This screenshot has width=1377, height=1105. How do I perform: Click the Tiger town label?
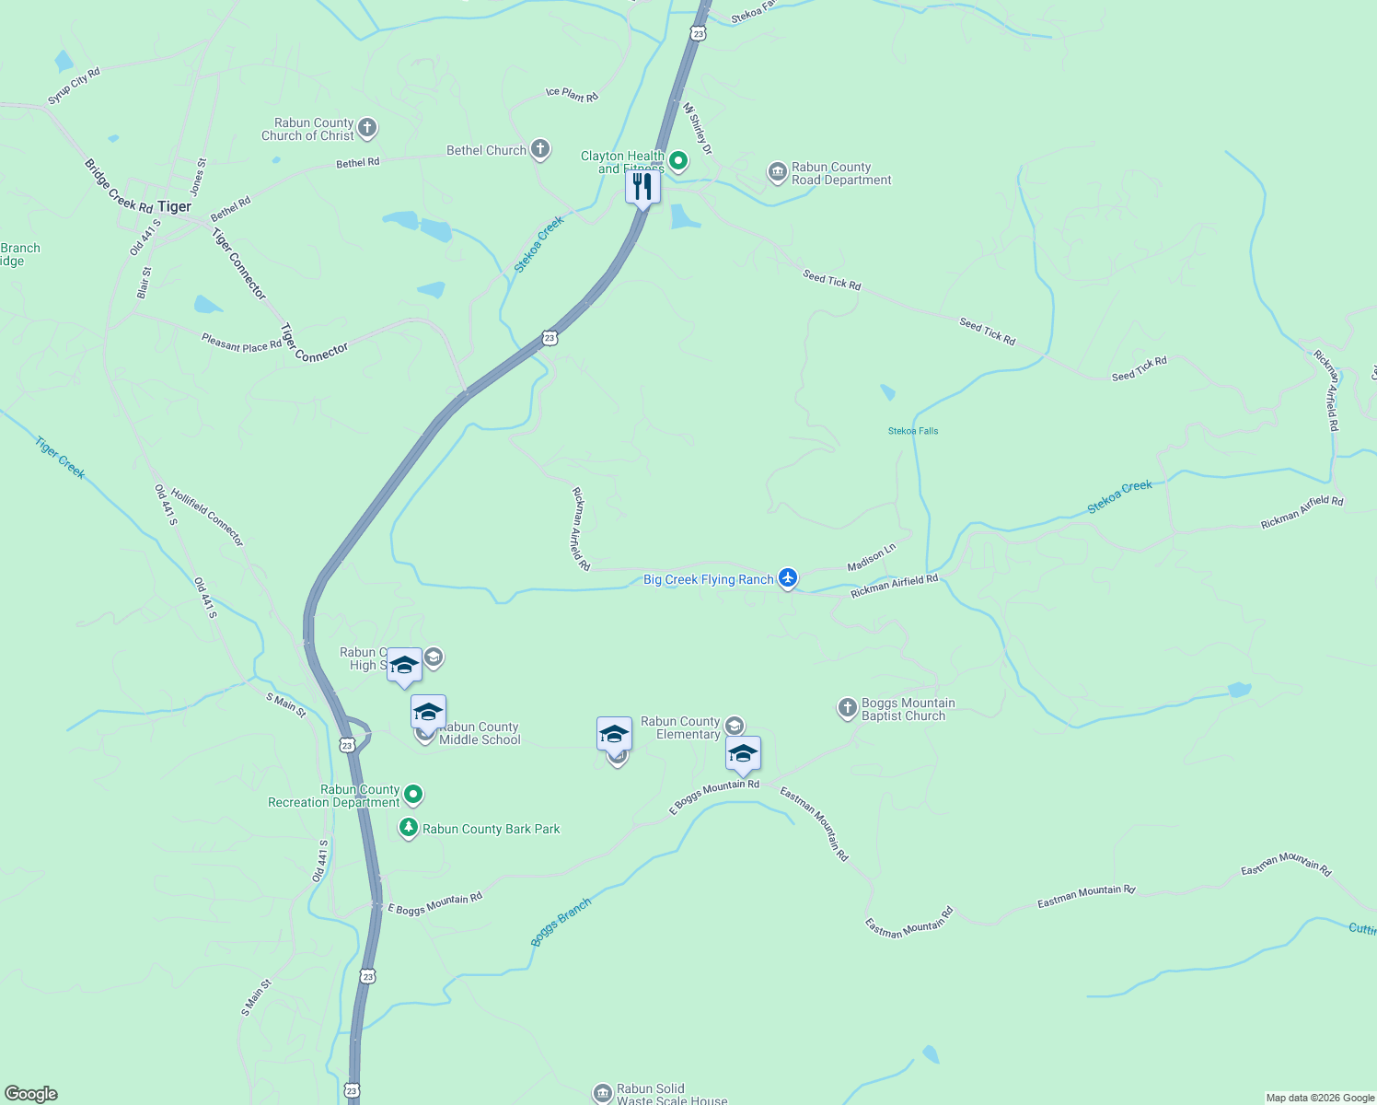174,206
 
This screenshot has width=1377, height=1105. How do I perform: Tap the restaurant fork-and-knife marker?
642,187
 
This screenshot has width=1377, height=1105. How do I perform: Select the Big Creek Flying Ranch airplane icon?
787,578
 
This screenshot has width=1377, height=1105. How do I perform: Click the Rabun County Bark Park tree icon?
409,828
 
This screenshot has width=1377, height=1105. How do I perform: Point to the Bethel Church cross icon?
540,149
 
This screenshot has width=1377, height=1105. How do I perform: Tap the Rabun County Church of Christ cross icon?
367,128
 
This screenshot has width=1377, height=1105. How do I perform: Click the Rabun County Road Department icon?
778,172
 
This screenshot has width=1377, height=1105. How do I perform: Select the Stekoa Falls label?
913,431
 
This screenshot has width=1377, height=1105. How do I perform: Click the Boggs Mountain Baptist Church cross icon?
847,708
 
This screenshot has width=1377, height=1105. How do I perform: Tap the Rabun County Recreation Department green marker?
413,794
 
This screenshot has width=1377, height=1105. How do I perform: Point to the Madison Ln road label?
871,557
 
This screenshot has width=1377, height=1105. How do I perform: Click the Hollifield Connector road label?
207,517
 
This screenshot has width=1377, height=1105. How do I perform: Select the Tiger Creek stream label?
60,458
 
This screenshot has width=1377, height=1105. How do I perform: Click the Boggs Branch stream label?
561,922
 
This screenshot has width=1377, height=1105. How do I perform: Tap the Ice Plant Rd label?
572,94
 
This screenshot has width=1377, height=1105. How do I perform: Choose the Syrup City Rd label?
74,86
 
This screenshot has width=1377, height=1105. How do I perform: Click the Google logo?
31,1094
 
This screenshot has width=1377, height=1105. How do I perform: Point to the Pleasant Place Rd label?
242,343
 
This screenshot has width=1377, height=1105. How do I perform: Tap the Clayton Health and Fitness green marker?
678,162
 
